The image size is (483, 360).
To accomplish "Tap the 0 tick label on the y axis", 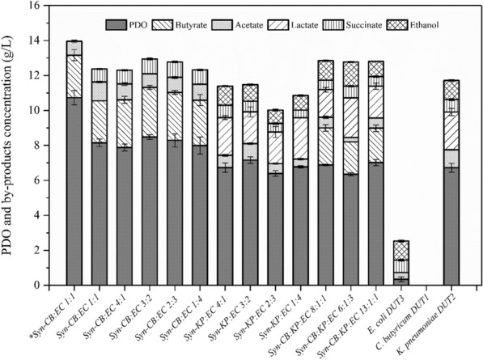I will (36, 286).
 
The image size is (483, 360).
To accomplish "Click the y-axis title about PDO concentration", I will (11, 146).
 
